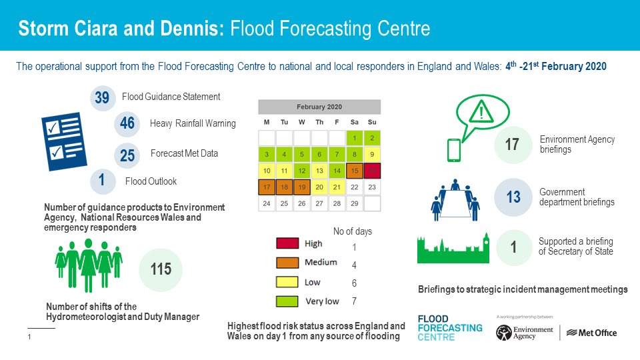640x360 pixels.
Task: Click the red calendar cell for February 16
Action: pos(371,171)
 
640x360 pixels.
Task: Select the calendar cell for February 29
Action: pos(354,203)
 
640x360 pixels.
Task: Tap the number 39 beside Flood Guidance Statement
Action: pos(102,98)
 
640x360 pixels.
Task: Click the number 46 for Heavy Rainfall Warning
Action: pos(127,123)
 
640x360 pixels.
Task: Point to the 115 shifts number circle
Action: pos(161,269)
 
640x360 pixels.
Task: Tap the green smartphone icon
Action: pos(453,150)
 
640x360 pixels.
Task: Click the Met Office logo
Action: pos(594,333)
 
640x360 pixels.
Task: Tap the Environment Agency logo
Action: pos(525,332)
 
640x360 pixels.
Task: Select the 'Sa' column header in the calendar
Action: pos(354,122)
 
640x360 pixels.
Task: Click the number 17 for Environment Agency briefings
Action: pos(512,144)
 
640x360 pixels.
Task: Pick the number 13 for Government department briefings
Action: pos(513,197)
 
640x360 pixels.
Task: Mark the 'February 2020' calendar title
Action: pos(319,107)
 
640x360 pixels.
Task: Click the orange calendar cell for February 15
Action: pos(354,171)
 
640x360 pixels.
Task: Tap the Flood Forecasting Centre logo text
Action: pos(449,328)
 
